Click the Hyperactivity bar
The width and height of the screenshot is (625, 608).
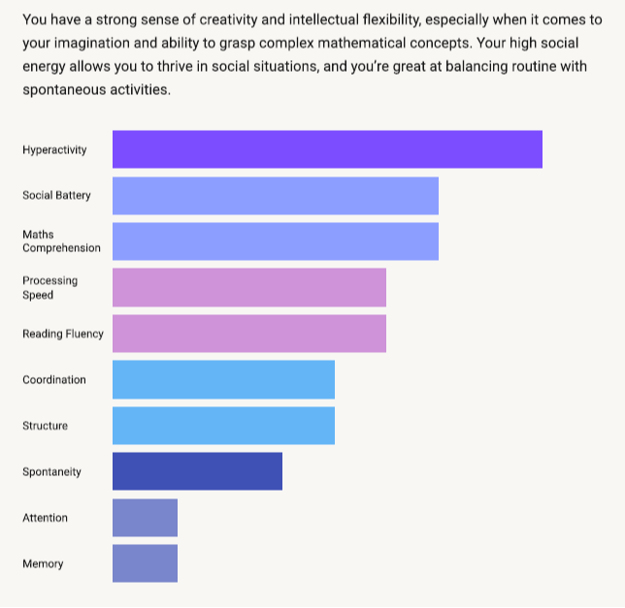pos(327,149)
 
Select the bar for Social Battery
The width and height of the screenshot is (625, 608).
pos(276,195)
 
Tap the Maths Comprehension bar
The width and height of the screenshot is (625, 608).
pos(276,241)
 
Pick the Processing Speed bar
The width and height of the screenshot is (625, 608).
pos(249,287)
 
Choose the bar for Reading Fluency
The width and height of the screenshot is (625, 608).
pos(249,334)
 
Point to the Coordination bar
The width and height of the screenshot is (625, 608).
pos(223,379)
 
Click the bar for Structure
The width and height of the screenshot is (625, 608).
pos(223,426)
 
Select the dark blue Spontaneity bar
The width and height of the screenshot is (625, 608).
pos(197,471)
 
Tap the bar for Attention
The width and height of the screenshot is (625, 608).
pos(145,518)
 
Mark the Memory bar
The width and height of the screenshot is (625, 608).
pos(145,563)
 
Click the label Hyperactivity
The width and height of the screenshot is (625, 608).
pos(54,150)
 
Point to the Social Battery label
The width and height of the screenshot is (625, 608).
pos(56,196)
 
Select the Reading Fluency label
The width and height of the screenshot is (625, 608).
pos(62,335)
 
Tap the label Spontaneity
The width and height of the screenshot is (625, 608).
pos(51,472)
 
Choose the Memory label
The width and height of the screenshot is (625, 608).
pos(43,564)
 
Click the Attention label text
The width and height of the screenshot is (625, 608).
pos(45,519)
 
